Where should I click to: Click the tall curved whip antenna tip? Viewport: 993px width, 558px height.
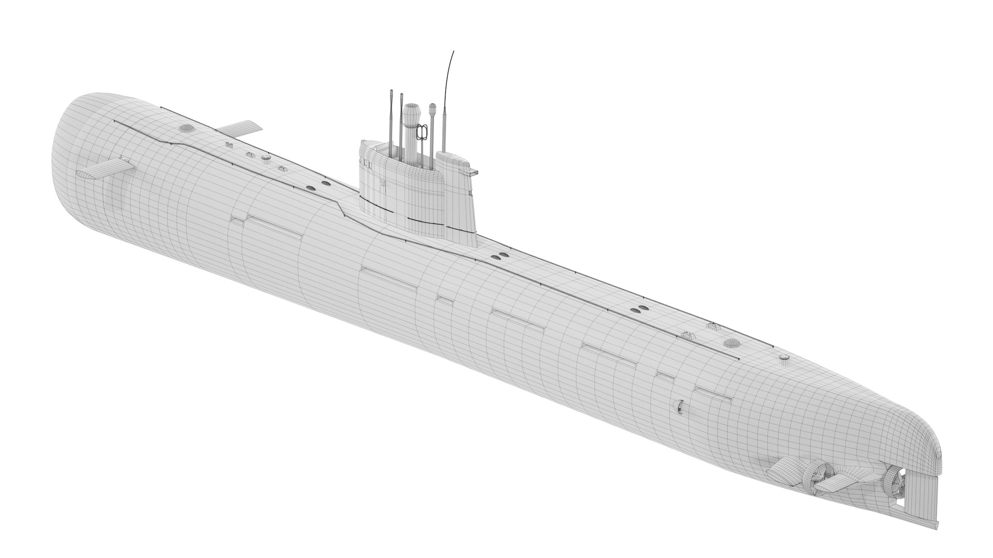point(454,52)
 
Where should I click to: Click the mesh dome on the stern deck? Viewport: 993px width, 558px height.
point(731,343)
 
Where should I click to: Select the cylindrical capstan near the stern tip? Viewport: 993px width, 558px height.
point(784,357)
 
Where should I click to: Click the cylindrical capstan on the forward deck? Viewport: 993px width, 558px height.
point(266,158)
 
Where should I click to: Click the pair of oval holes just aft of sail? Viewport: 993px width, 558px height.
point(500,256)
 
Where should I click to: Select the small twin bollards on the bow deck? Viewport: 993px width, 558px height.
point(229,145)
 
